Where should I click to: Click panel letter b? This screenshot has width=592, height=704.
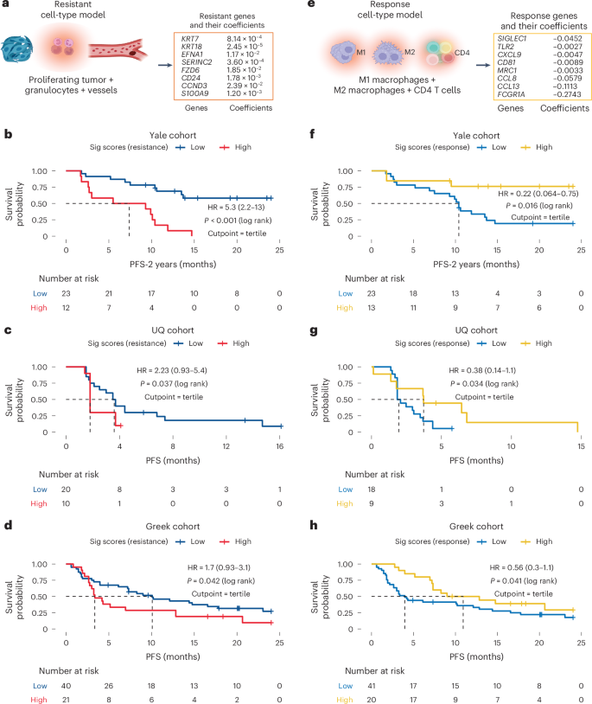pyautogui.click(x=8, y=137)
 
